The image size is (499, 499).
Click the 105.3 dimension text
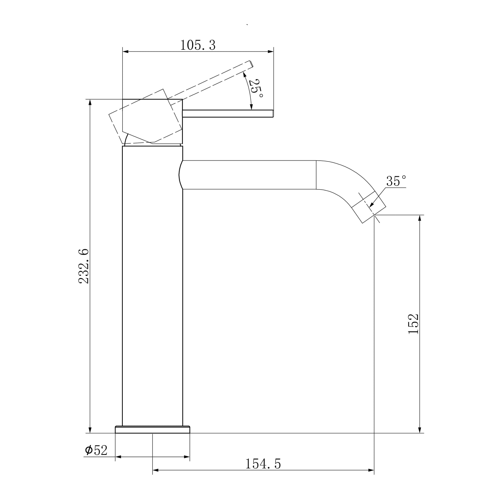point(198,45)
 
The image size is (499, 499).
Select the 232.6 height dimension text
point(84,266)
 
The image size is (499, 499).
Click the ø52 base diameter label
point(96,450)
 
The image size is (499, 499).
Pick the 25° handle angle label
point(256,88)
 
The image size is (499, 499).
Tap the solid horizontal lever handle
point(228,114)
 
